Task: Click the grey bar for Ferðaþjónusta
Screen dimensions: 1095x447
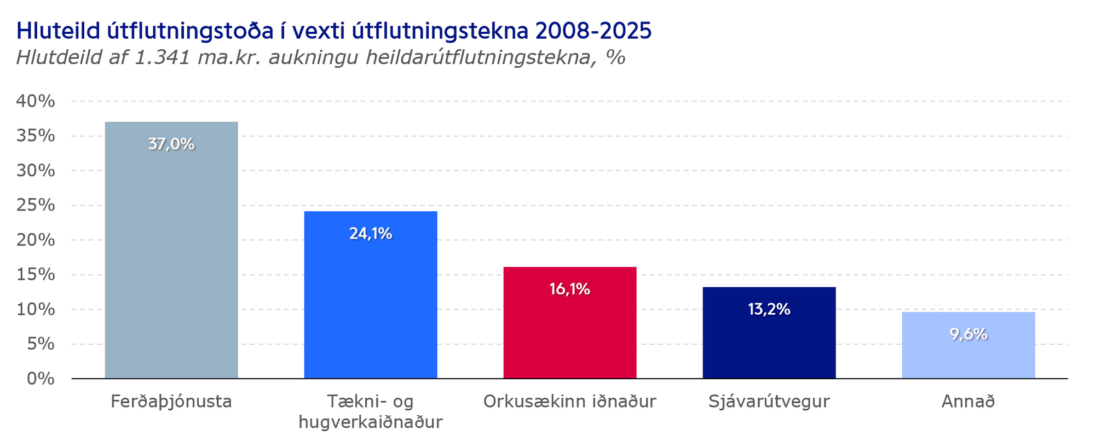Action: click(x=171, y=250)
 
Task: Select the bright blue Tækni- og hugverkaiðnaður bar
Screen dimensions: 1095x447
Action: click(x=371, y=295)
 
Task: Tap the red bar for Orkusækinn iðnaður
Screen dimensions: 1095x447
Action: click(x=570, y=323)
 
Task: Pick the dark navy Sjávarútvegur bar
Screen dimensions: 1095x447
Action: click(x=769, y=333)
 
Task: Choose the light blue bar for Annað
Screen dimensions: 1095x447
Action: click(x=969, y=345)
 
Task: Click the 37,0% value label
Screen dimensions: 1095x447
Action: click(x=171, y=144)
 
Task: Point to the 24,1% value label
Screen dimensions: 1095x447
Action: click(x=371, y=234)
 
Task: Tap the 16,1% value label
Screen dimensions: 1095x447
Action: click(x=570, y=289)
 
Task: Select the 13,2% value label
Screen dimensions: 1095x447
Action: click(x=769, y=310)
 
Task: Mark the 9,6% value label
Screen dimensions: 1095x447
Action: click(x=969, y=334)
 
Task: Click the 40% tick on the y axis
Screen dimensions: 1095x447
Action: click(x=36, y=101)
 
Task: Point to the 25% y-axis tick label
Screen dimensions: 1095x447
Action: click(x=36, y=205)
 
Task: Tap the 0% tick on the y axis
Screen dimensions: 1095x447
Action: click(x=41, y=379)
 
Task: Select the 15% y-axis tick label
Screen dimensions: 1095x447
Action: click(x=36, y=275)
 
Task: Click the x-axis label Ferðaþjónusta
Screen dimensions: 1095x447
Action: click(x=171, y=402)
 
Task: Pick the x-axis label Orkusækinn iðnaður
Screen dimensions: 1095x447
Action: click(x=570, y=402)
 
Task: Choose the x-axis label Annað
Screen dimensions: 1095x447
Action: click(x=969, y=402)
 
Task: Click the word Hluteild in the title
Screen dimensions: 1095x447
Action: click(x=59, y=31)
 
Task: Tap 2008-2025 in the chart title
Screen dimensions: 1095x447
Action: click(x=593, y=31)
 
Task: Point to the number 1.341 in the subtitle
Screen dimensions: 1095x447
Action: click(x=162, y=57)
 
